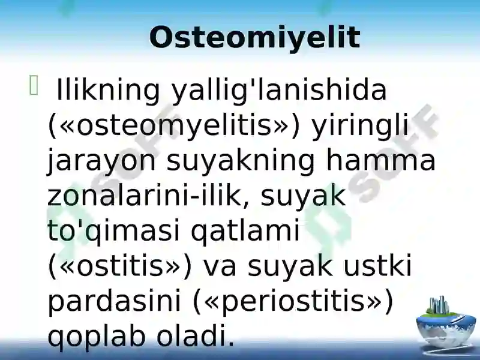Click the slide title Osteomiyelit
[x=254, y=38]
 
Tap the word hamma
[x=381, y=160]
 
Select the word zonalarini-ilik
[x=145, y=196]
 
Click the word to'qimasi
[x=113, y=231]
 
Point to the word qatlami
[x=245, y=231]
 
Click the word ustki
[x=377, y=265]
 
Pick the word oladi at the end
[x=196, y=335]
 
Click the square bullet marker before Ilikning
[x=34, y=85]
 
